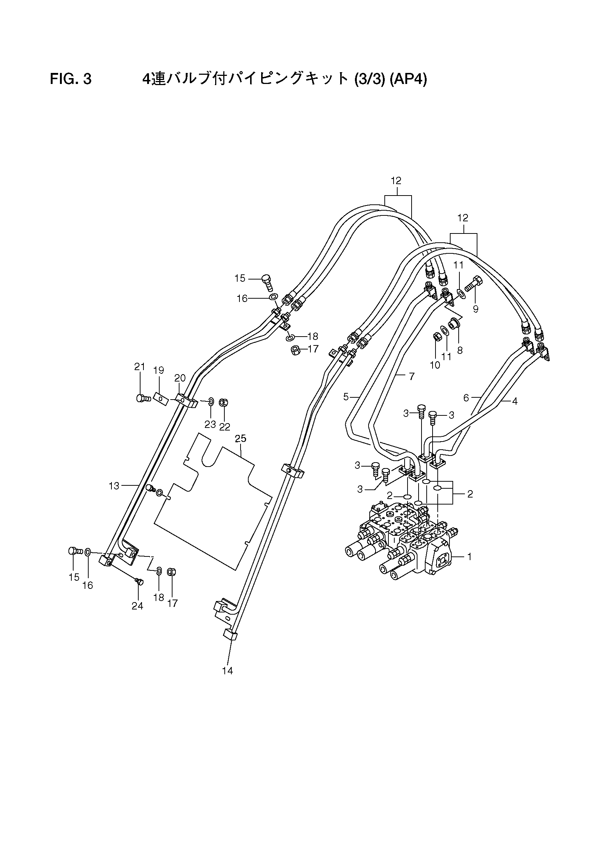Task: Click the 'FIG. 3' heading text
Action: click(x=71, y=80)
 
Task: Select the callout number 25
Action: click(x=241, y=438)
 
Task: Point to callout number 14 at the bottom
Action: click(x=227, y=671)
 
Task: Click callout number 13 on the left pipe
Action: click(x=114, y=486)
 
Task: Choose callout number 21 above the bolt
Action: click(x=139, y=367)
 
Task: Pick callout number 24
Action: click(x=137, y=606)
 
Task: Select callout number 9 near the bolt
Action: click(x=476, y=309)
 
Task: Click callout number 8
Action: click(x=460, y=350)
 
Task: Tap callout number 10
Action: click(x=435, y=365)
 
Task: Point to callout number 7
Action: click(x=412, y=376)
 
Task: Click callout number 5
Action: click(x=346, y=396)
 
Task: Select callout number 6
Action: click(x=466, y=398)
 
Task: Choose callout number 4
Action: click(x=515, y=401)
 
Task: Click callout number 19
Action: click(x=159, y=370)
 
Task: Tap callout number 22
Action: click(x=224, y=427)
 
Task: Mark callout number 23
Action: click(x=210, y=424)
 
